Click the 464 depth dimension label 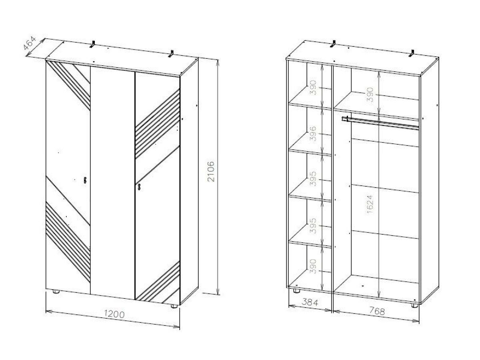[30, 43]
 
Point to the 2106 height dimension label [211, 172]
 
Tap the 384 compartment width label [310, 302]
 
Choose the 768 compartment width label [377, 311]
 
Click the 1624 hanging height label [370, 204]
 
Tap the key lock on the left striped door [85, 180]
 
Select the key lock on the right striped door [139, 187]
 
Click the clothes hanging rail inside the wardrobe [380, 123]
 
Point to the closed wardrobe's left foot [56, 291]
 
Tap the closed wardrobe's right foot [174, 306]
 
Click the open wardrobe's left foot [296, 290]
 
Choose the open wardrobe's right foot [414, 305]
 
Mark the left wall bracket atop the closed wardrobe [93, 44]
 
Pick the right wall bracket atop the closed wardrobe [171, 54]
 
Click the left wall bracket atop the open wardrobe [333, 44]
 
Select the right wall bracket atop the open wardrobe [411, 54]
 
